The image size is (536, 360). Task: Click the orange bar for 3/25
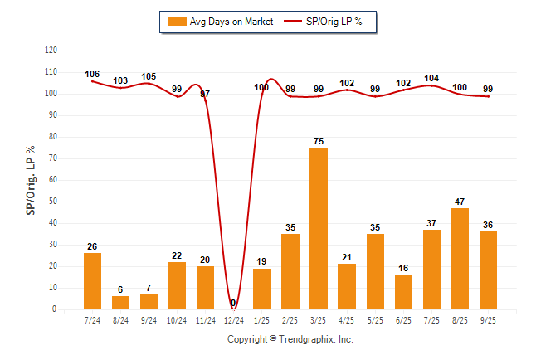(319, 228)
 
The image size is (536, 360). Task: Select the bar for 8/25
(460, 258)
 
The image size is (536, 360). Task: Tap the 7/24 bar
(93, 281)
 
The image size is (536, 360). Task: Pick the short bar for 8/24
(121, 303)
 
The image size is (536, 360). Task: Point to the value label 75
(319, 141)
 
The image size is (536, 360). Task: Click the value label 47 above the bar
(460, 202)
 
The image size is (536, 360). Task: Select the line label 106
(92, 75)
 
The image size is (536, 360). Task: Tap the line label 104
(431, 78)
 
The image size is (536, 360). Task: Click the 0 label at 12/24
(233, 303)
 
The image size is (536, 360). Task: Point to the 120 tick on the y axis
(51, 51)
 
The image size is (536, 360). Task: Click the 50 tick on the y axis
(52, 202)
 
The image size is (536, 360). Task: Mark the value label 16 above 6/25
(403, 268)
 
